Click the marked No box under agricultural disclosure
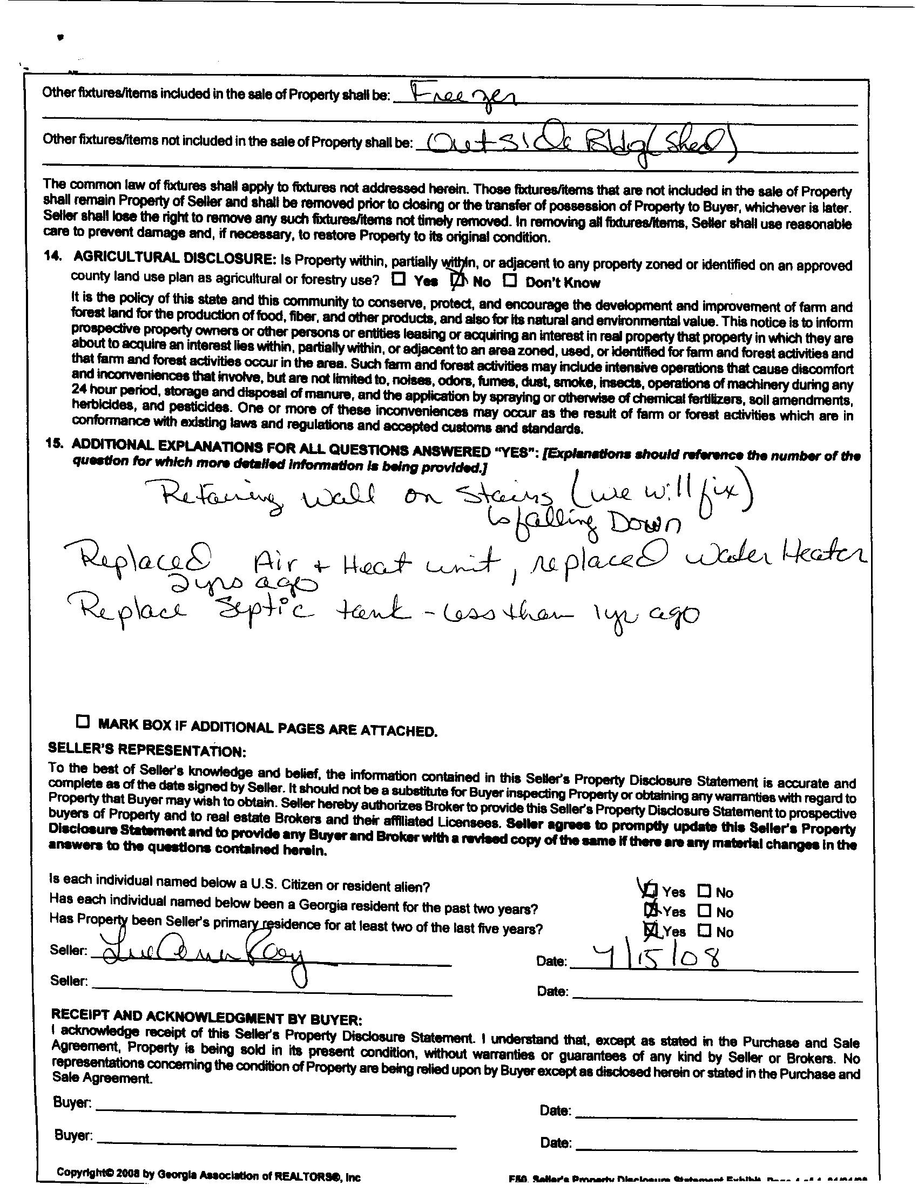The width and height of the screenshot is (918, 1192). pyautogui.click(x=458, y=281)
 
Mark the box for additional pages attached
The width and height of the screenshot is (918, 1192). pyautogui.click(x=83, y=722)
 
